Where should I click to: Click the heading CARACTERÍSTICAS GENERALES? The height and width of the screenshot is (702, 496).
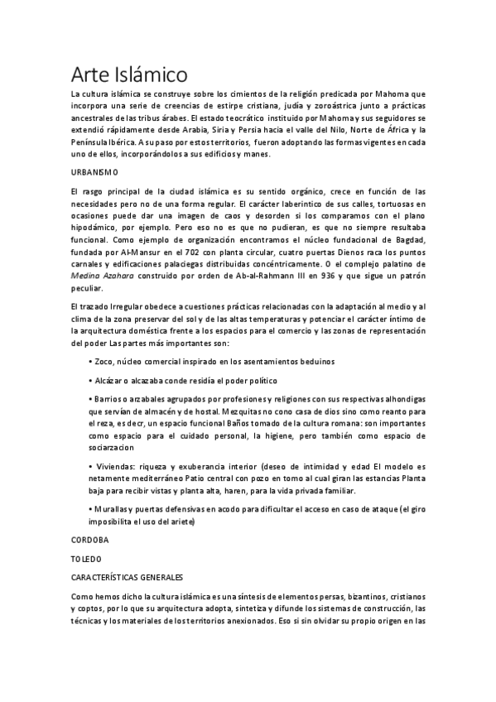(x=127, y=576)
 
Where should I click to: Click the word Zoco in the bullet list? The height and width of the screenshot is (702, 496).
(x=104, y=362)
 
